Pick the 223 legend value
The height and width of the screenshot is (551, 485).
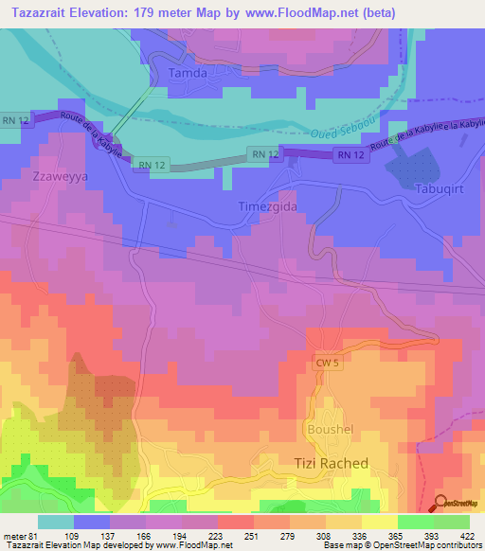tap(217, 536)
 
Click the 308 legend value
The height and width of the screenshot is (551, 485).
tap(325, 536)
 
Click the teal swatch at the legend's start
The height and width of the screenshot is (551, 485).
tap(55, 521)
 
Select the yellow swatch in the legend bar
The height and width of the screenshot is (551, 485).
tap(379, 521)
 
